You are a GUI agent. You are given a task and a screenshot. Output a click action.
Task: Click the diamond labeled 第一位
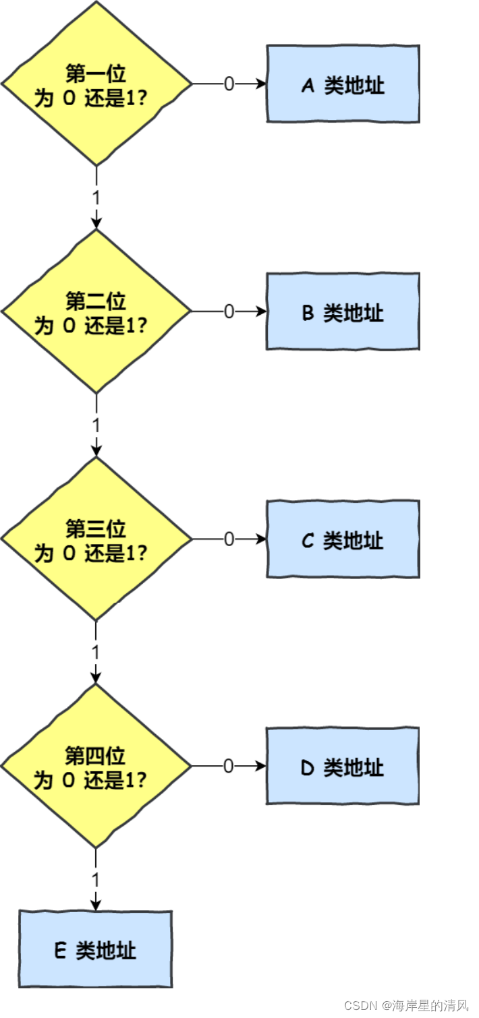coord(96,84)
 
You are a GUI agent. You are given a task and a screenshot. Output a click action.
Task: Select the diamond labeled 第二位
coord(96,311)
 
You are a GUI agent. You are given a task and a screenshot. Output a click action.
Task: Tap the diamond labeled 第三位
coord(96,539)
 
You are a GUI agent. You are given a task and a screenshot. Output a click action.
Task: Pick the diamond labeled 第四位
coord(96,766)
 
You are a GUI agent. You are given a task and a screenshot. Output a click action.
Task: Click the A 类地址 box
coord(343,84)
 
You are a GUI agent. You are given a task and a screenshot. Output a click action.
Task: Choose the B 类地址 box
coord(343,311)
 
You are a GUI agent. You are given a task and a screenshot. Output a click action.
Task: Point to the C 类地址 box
coord(343,539)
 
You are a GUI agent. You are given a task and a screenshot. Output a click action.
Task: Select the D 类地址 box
coord(343,766)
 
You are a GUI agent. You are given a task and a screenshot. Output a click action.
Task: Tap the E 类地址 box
coord(95,949)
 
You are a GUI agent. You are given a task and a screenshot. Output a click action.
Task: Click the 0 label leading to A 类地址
coord(229,84)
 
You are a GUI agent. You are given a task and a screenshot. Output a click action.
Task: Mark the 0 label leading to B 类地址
coord(229,311)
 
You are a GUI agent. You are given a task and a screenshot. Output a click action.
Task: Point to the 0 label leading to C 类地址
coord(229,539)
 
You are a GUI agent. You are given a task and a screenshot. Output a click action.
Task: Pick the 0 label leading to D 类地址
coord(229,767)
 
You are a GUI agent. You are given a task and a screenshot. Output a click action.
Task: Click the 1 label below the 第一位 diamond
coord(96,198)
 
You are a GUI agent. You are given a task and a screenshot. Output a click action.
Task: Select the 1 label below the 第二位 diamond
coord(96,425)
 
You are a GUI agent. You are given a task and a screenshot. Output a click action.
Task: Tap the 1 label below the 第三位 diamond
coord(96,653)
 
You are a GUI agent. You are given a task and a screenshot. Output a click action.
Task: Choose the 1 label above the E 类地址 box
coord(96,880)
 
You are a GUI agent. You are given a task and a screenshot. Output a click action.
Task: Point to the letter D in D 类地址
coord(308,768)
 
